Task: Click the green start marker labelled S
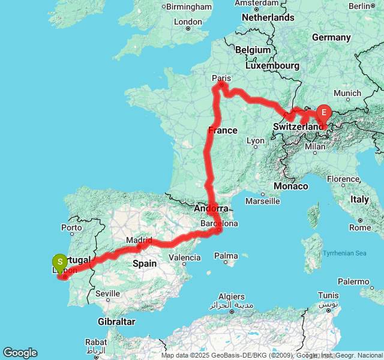pyautogui.click(x=59, y=262)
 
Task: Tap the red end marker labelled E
pyautogui.click(x=324, y=112)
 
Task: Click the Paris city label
pyautogui.click(x=221, y=77)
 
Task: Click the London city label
pyautogui.click(x=188, y=22)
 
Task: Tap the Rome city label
pyautogui.click(x=359, y=227)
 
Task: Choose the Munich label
pyautogui.click(x=347, y=93)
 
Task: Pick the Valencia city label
pyautogui.click(x=185, y=257)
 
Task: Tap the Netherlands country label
pyautogui.click(x=268, y=17)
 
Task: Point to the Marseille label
pyautogui.click(x=262, y=200)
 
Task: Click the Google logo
pyautogui.click(x=20, y=353)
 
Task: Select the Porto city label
pyautogui.click(x=71, y=227)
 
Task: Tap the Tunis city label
pyautogui.click(x=328, y=295)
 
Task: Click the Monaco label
pyautogui.click(x=290, y=186)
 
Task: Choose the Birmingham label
pyautogui.click(x=189, y=7)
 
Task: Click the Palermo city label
pyautogui.click(x=353, y=281)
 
